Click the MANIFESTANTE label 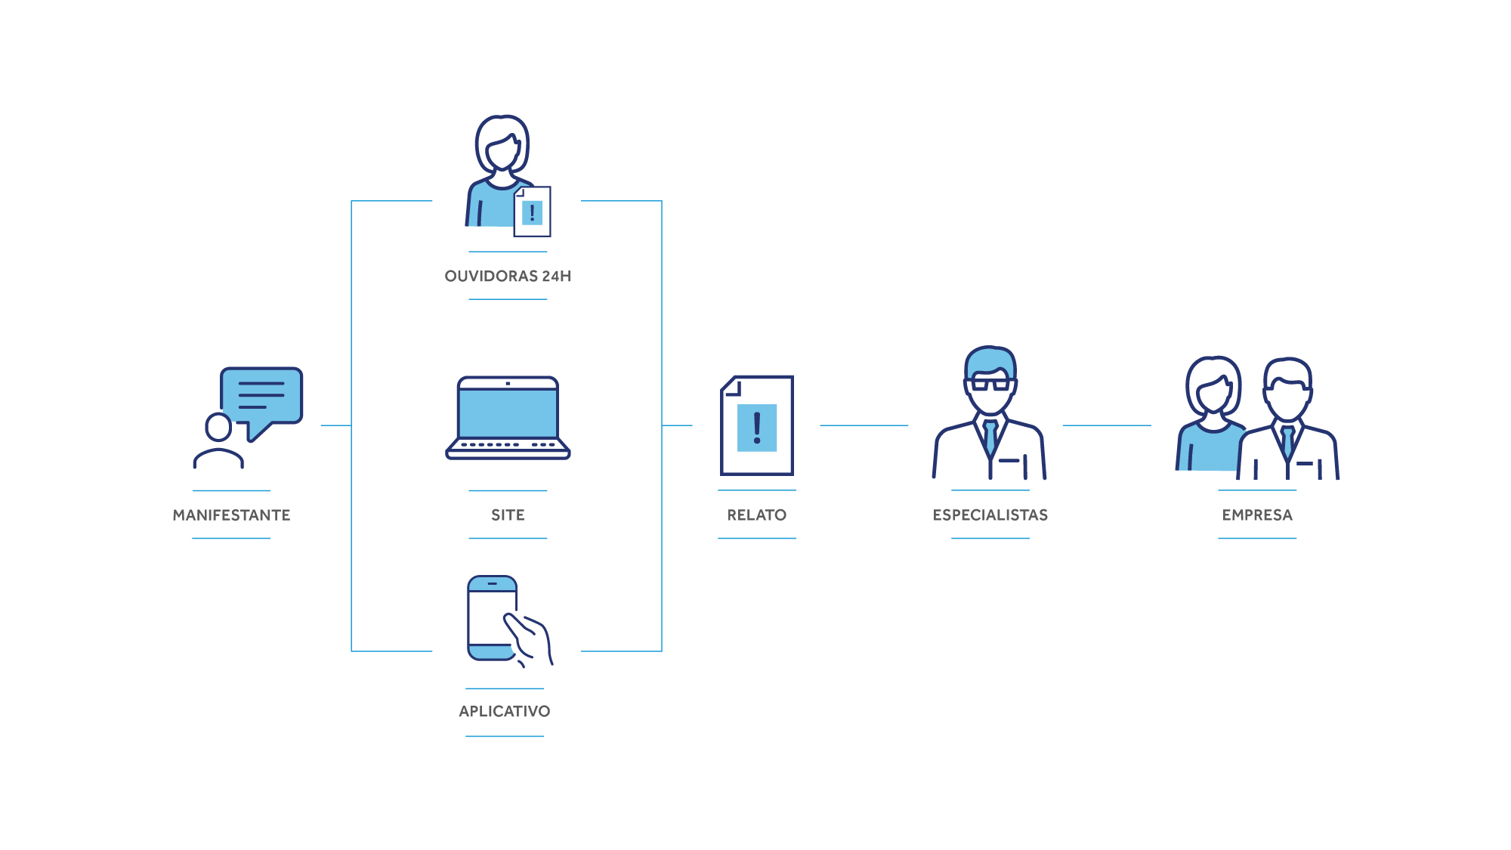(231, 515)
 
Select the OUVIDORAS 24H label (508, 277)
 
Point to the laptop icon (508, 418)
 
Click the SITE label (508, 515)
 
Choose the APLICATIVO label (505, 712)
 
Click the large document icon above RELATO (757, 425)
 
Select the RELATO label (757, 515)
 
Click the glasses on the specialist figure (990, 384)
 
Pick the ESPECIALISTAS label (990, 515)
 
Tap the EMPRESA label (1257, 515)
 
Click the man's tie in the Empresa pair (1287, 442)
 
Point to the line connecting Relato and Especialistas (864, 425)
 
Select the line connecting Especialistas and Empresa (1107, 425)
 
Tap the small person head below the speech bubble (218, 427)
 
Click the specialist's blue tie (990, 437)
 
